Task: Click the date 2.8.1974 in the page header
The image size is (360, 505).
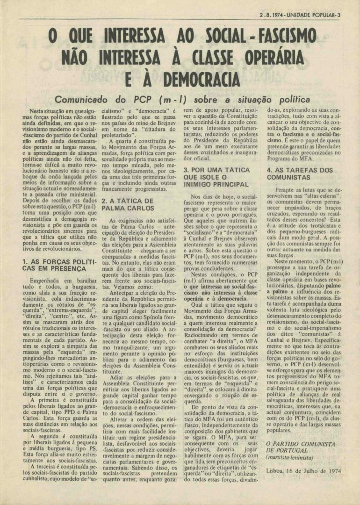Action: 273,14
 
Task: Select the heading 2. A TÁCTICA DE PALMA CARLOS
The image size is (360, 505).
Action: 128,204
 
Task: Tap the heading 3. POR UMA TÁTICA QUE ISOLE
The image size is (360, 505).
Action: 216,177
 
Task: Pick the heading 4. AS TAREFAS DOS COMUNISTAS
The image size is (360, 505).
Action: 299,174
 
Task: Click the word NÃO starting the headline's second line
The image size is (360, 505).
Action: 77,58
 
